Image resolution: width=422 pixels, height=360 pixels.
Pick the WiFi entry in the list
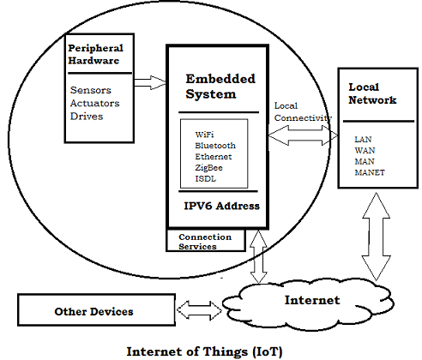click(206, 132)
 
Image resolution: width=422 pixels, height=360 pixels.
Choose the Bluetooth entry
click(215, 144)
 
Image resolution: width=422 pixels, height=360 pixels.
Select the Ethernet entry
click(214, 156)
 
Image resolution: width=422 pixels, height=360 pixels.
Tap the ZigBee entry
click(209, 168)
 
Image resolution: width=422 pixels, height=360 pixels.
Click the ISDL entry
click(206, 180)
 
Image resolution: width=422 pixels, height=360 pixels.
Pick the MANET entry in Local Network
click(371, 173)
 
